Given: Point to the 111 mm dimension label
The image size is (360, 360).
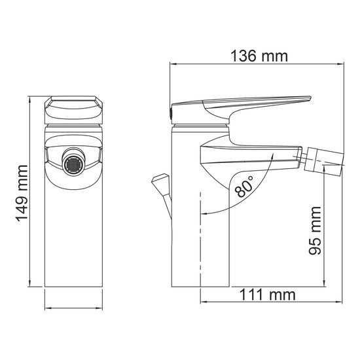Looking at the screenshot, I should pos(266,295).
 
